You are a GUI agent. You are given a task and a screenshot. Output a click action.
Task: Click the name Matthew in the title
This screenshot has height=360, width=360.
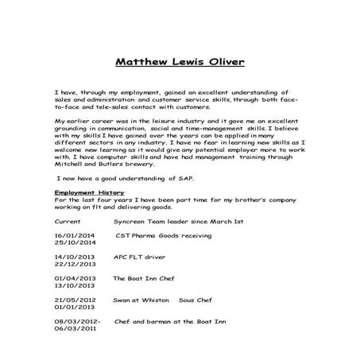click(x=143, y=61)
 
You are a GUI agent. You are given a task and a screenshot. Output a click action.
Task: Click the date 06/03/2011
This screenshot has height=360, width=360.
click(x=74, y=329)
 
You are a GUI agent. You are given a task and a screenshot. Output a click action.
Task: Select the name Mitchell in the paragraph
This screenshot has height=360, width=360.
click(x=70, y=165)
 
